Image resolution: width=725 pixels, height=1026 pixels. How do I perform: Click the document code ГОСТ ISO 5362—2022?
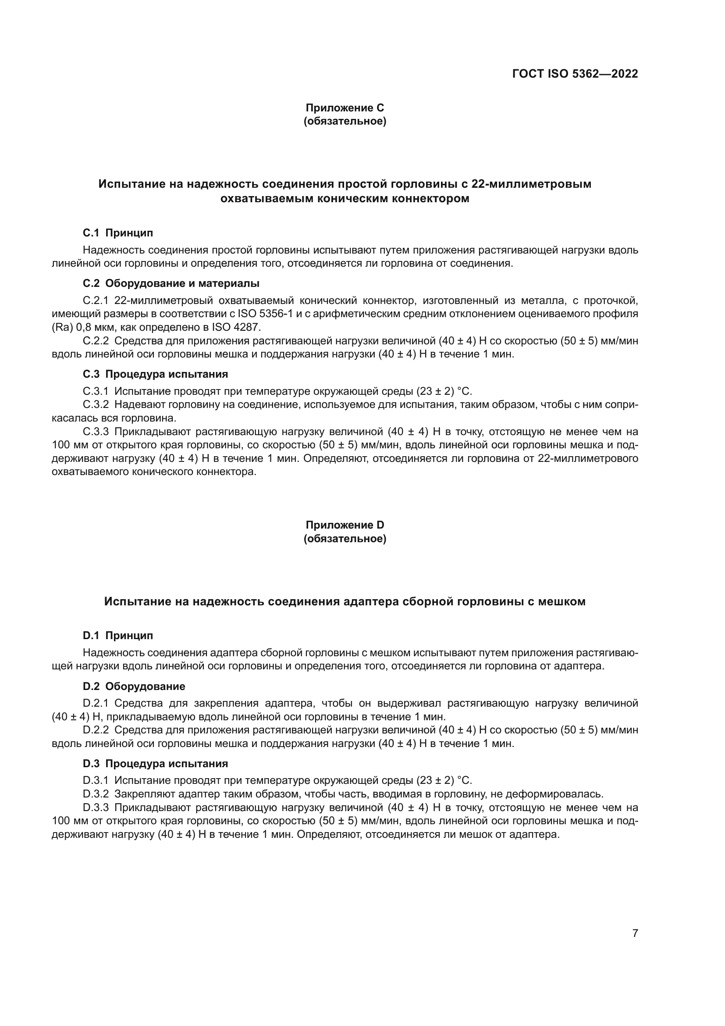(575, 74)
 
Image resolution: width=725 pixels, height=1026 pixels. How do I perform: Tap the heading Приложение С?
(345, 108)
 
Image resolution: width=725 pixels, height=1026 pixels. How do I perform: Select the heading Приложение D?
(345, 525)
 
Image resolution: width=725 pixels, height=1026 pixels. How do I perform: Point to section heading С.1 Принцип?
(118, 233)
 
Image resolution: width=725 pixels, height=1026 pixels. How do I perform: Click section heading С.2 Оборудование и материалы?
(171, 283)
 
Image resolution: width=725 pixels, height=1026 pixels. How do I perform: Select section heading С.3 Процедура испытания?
(155, 374)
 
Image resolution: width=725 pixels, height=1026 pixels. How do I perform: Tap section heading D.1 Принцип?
(118, 636)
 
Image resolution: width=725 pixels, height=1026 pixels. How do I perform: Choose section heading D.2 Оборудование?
(134, 686)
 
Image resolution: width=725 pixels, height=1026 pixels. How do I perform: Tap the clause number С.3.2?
(96, 405)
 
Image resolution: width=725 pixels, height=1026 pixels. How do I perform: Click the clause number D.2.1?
(96, 703)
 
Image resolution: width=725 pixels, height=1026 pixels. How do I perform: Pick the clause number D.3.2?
(96, 794)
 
